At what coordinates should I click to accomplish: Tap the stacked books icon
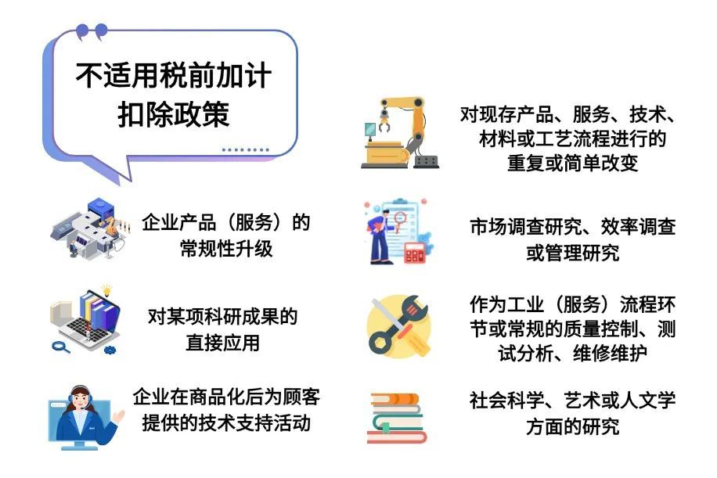[x=396, y=418]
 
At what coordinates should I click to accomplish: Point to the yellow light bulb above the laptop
[x=106, y=290]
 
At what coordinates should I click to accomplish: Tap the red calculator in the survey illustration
[x=415, y=253]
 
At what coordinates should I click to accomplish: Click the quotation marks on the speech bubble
[x=92, y=32]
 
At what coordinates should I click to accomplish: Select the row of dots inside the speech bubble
[x=246, y=149]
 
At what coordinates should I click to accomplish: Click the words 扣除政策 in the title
[x=173, y=114]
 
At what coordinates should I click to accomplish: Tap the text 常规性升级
[x=226, y=249]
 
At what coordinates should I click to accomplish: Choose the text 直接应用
[x=222, y=343]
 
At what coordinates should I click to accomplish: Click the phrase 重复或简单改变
[x=572, y=164]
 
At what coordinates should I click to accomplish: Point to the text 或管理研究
[x=572, y=253]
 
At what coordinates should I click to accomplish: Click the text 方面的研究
[x=572, y=427]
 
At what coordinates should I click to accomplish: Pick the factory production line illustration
[x=90, y=228]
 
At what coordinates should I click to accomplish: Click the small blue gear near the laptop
[x=110, y=350]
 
